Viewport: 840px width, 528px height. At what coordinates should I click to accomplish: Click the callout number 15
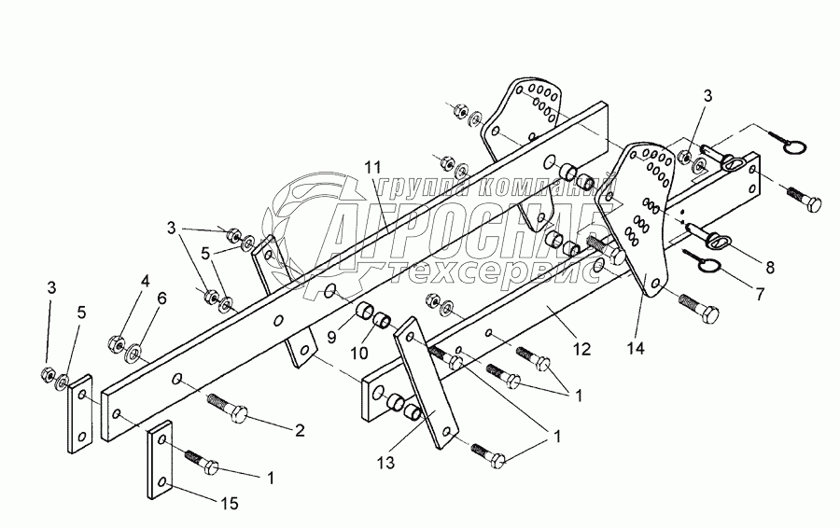point(230,504)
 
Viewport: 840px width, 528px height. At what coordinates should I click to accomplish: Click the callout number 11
point(373,166)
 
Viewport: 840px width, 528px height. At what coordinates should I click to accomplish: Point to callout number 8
point(769,267)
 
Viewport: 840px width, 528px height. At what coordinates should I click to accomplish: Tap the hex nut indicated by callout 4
point(118,340)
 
